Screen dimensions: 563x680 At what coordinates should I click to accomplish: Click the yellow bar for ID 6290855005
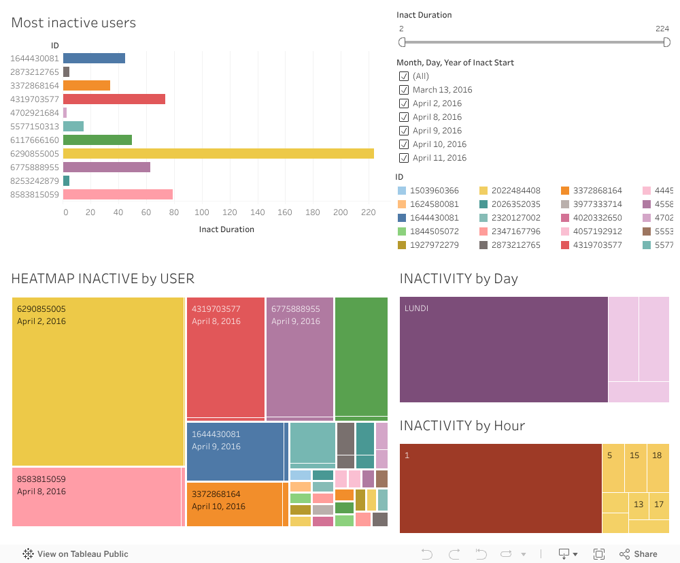(x=218, y=153)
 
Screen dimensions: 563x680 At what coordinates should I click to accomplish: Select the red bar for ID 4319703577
(x=114, y=99)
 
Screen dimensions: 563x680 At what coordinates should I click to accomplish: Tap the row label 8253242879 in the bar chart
(x=35, y=180)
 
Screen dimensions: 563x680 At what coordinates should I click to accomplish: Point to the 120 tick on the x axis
(x=230, y=212)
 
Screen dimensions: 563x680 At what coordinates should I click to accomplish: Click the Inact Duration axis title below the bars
(x=226, y=229)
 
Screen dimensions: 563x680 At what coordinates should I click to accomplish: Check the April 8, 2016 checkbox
(x=404, y=117)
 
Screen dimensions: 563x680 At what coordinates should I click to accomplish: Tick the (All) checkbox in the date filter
(x=404, y=76)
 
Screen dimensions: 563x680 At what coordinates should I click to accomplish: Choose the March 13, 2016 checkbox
(x=404, y=90)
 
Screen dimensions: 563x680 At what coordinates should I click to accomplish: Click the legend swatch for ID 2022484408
(x=484, y=191)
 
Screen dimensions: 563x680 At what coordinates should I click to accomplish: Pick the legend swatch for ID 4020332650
(x=566, y=218)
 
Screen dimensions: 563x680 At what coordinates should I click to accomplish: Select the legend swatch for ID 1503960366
(x=402, y=191)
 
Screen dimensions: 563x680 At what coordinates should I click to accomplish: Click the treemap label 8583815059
(x=41, y=479)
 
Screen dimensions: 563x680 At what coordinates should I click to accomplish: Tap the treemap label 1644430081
(x=216, y=434)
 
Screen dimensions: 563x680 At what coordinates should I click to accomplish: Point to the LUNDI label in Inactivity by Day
(x=416, y=308)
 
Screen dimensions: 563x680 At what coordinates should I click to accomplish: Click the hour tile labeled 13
(x=639, y=504)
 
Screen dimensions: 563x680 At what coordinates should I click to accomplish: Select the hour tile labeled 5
(x=610, y=455)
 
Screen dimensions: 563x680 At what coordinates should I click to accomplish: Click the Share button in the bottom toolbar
(x=639, y=554)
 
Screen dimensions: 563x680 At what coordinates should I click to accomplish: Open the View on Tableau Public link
(x=75, y=554)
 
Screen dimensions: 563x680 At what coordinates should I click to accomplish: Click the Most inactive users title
(x=73, y=22)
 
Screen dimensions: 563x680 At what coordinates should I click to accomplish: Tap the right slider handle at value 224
(x=667, y=42)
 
